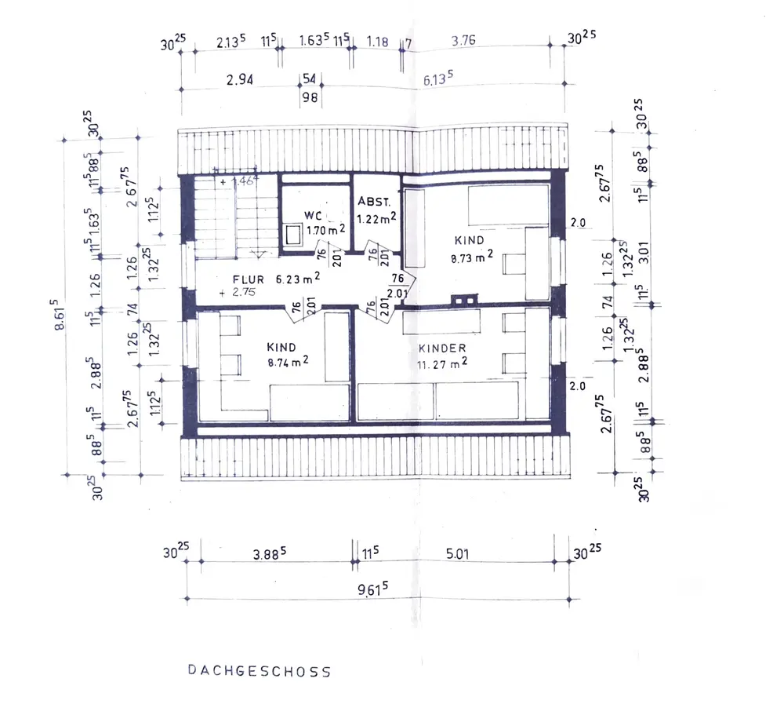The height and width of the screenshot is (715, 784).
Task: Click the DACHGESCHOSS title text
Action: [x=259, y=672]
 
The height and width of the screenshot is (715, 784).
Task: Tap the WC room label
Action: [x=314, y=215]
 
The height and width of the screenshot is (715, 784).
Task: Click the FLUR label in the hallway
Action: [x=248, y=279]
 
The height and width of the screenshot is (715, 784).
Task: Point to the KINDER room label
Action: [x=442, y=348]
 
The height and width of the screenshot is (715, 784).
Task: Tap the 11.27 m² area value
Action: [x=443, y=363]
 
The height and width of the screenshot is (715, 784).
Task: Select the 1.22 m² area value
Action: [x=376, y=219]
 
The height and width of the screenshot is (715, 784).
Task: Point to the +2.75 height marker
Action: [x=239, y=292]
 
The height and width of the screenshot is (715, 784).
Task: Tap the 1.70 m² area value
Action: [x=324, y=231]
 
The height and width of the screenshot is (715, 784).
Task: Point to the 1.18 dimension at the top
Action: [x=377, y=42]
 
